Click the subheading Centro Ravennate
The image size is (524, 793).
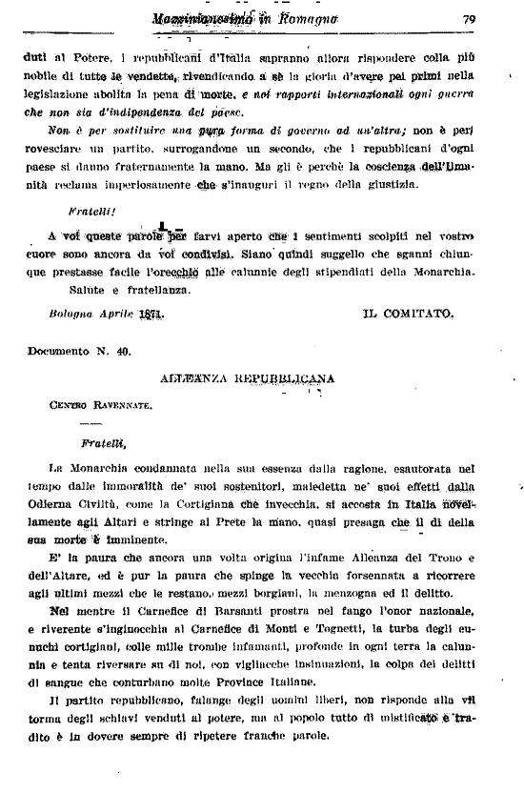pos(101,404)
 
